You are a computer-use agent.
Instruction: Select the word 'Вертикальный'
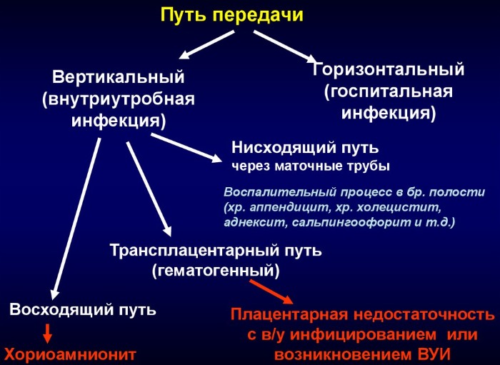[119, 76]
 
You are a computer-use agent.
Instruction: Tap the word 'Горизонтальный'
[389, 70]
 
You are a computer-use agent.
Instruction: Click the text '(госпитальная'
[389, 92]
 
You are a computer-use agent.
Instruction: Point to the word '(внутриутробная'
[119, 99]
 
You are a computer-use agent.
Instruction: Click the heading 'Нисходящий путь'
[305, 148]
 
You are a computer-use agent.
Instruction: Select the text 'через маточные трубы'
[310, 167]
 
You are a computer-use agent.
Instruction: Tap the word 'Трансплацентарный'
[181, 251]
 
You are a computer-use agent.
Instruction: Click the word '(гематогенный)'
[215, 271]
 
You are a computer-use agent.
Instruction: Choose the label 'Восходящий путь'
[83, 310]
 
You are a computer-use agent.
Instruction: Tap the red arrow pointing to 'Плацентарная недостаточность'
[271, 291]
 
